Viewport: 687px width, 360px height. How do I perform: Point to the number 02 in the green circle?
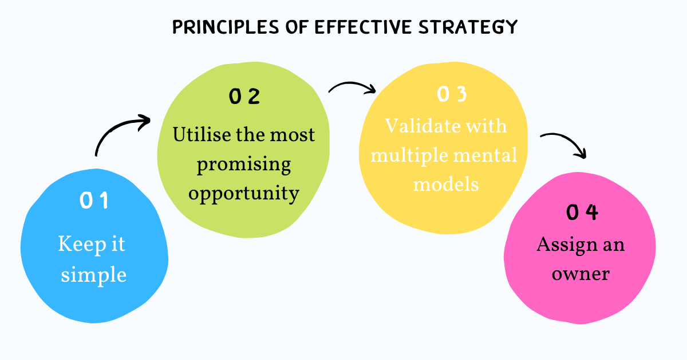244,97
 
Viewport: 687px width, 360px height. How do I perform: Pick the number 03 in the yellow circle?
452,95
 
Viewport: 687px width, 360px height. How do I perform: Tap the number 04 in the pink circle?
582,213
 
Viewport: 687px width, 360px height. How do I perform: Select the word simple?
93,275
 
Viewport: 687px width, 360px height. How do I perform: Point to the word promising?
244,165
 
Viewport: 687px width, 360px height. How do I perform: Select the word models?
446,184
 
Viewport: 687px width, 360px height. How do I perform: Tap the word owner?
580,274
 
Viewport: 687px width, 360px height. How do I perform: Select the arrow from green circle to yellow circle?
352,87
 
